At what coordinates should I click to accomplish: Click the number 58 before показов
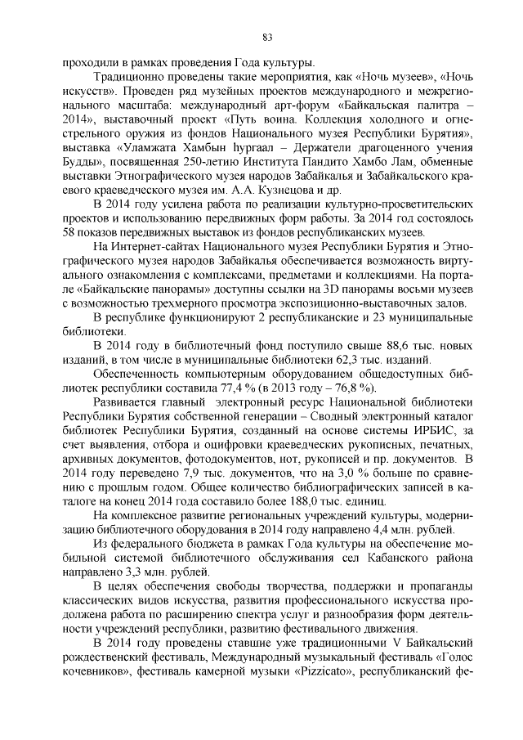pos(72,232)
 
